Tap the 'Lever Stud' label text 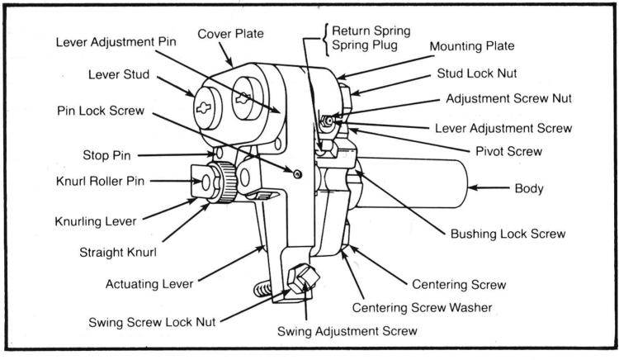click(120, 73)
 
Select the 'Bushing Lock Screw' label click(507, 234)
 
